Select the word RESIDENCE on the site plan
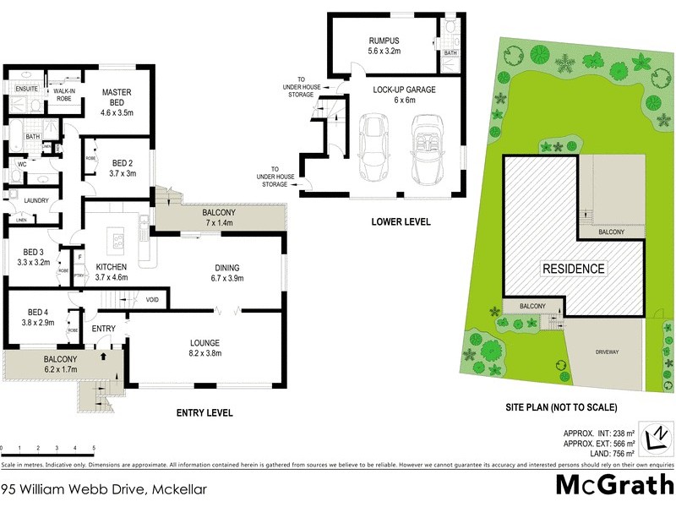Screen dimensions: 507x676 pyautogui.click(x=574, y=269)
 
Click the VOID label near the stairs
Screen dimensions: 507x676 pyautogui.click(x=152, y=299)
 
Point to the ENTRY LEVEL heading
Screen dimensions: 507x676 pyautogui.click(x=204, y=413)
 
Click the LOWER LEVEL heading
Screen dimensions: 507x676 pyautogui.click(x=401, y=222)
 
